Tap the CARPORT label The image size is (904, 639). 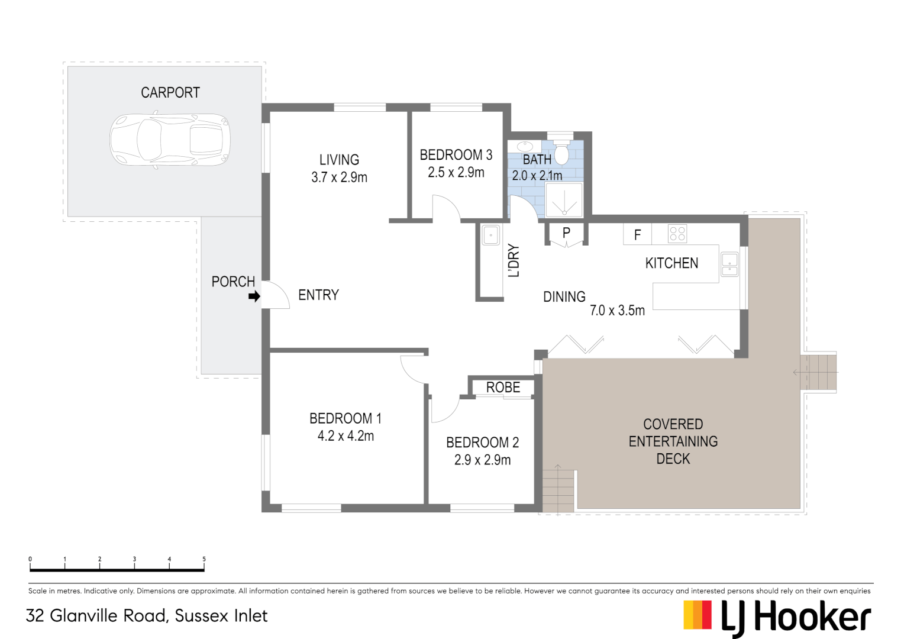tap(170, 93)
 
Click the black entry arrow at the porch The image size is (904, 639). tap(254, 296)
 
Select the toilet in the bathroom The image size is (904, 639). tap(561, 153)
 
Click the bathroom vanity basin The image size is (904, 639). tap(524, 146)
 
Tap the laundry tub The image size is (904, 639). tap(490, 235)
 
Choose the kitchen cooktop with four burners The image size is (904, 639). tap(677, 234)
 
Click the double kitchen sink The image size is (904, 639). tap(729, 264)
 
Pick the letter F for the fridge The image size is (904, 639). tap(637, 235)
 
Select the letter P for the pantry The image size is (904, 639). tap(566, 233)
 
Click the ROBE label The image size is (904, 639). tap(503, 388)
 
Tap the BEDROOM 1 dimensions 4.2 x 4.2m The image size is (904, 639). tap(346, 436)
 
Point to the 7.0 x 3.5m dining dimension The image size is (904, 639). tap(617, 311)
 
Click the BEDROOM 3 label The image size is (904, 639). tap(456, 155)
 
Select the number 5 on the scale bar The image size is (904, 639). tap(204, 559)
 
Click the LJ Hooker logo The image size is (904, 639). tap(777, 617)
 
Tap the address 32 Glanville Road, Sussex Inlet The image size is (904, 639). tap(147, 616)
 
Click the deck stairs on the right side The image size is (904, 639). tap(818, 372)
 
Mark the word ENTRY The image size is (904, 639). tap(318, 295)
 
